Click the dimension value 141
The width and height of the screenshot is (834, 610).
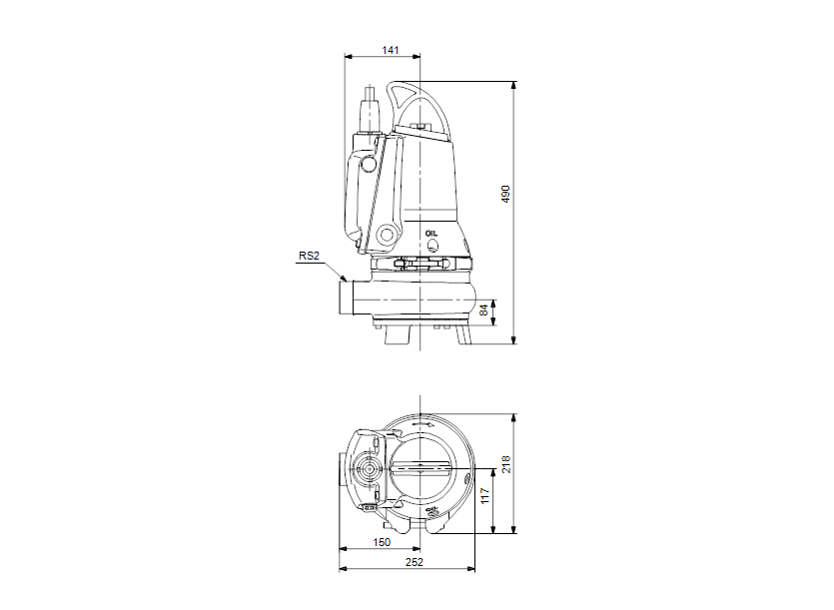point(390,50)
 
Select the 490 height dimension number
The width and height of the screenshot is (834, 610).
point(505,194)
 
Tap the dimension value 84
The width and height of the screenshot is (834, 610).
point(484,310)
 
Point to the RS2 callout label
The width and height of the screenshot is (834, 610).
point(309,256)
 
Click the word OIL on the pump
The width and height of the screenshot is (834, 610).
point(431,234)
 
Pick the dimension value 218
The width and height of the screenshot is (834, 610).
point(505,464)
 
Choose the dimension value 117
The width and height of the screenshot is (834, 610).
point(484,496)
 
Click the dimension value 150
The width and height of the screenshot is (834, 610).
point(382,542)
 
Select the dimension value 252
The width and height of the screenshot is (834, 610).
point(415,562)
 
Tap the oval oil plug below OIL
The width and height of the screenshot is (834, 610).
point(432,245)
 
